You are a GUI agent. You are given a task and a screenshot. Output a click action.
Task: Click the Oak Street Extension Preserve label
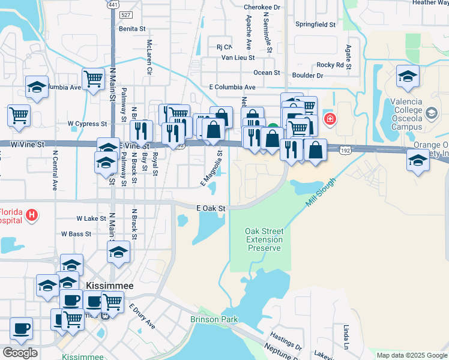264,239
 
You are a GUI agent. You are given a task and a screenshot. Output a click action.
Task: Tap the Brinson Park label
214,320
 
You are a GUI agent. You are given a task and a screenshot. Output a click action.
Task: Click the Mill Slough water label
319,193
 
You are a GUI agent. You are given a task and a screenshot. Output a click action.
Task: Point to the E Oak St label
211,208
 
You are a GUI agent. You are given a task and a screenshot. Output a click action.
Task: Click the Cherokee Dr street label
262,7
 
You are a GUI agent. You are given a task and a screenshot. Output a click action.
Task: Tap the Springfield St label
315,25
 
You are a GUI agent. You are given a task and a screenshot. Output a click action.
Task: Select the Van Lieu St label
238,58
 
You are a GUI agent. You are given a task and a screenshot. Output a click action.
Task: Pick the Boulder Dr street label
307,76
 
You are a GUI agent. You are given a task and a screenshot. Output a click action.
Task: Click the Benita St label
132,28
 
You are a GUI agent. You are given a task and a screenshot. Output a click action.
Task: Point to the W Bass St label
75,233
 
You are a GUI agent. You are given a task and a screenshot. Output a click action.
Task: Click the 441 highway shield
112,5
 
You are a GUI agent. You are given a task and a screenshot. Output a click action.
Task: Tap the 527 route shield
125,14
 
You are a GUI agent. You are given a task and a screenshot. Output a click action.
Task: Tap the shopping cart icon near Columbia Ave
93,79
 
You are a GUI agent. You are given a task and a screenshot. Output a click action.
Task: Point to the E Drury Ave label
142,316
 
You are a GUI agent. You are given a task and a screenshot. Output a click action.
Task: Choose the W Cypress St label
86,124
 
